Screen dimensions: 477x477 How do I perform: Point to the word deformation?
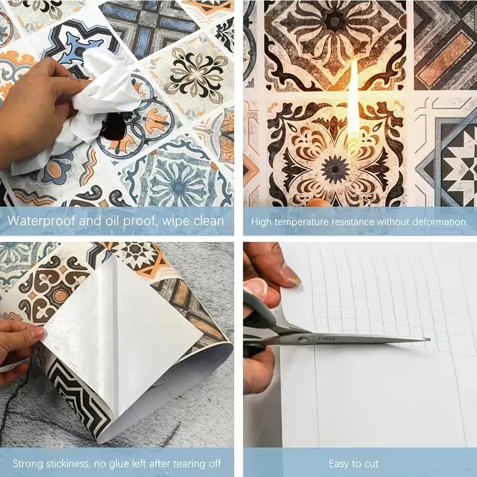(439, 222)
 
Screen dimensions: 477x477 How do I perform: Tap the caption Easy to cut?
(354, 463)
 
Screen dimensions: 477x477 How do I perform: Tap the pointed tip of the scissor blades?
(428, 340)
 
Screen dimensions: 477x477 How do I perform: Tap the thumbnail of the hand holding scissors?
(290, 274)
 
